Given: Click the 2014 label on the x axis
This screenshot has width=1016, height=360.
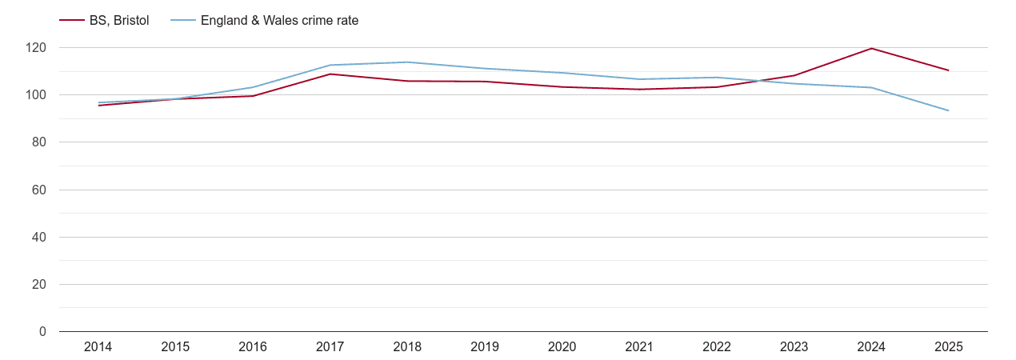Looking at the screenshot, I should [98, 347].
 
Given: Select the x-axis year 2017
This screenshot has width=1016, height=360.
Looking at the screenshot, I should [330, 347].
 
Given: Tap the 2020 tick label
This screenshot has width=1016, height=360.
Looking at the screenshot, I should [562, 347].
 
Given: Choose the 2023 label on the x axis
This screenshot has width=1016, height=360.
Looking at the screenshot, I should [794, 347].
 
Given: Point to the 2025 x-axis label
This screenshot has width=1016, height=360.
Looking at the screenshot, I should [948, 347].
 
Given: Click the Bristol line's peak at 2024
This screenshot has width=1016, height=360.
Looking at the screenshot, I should [871, 49].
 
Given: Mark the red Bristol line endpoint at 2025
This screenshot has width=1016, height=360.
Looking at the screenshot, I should [948, 70].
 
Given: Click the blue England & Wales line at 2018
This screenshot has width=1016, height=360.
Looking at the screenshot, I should [407, 62].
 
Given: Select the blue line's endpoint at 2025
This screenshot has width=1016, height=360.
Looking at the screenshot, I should [948, 110].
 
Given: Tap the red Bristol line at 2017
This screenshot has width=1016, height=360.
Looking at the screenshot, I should [330, 74].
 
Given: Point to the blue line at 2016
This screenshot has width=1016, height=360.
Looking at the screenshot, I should [253, 87].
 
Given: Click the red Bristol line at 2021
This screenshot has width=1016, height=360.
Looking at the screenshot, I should [639, 89].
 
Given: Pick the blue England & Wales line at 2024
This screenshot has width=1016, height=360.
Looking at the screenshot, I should [871, 87].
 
